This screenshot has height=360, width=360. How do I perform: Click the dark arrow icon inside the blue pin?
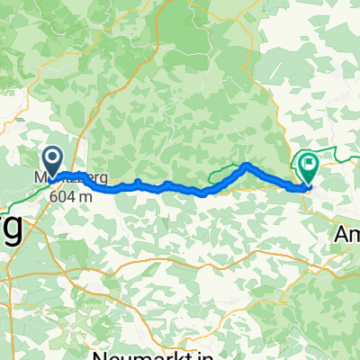(x=53, y=159)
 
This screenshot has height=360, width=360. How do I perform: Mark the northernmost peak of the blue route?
(x=246, y=165)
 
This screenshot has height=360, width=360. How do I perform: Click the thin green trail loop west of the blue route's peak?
(x=220, y=174)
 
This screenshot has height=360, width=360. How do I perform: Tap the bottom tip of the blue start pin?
(x=52, y=177)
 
